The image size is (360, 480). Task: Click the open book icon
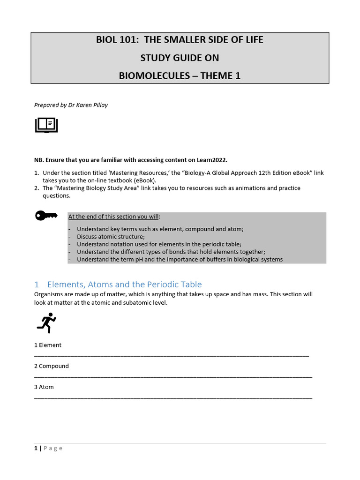tap(46, 125)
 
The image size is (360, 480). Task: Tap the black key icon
tap(46, 216)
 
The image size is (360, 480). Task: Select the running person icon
tap(46, 323)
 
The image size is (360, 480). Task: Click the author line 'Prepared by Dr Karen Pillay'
tap(71, 105)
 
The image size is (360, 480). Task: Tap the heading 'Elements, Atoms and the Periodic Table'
tap(124, 285)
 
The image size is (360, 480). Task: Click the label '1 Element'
tap(48, 345)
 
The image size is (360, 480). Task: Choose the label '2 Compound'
tap(52, 366)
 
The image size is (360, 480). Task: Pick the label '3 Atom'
tap(44, 387)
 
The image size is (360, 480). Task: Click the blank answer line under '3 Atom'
tap(173, 398)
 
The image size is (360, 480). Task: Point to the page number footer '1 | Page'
tap(48, 448)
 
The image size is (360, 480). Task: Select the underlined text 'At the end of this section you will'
tap(114, 217)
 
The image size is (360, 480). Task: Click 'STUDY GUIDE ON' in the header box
tap(180, 58)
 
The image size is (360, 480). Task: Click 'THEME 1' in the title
tap(220, 75)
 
